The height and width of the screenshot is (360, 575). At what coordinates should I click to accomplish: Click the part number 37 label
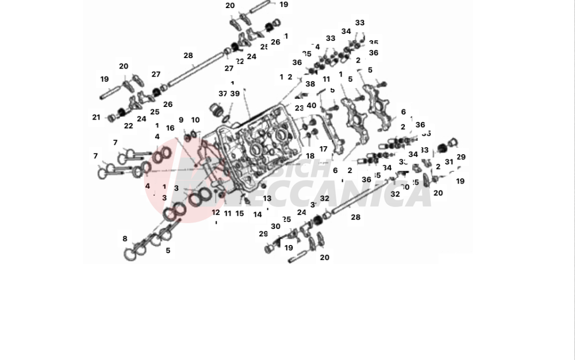pos(223,94)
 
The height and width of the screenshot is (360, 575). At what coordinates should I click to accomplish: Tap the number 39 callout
pos(235,94)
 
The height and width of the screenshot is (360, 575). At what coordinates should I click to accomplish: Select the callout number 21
pos(96,117)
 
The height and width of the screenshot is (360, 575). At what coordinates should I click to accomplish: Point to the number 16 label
pos(170,128)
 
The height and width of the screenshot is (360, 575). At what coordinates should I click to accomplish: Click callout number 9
pos(181,120)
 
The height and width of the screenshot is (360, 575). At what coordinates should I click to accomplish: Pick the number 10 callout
pos(195,120)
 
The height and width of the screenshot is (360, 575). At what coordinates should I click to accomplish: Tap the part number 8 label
pos(125,239)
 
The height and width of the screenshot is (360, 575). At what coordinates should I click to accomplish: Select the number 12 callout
pos(216,212)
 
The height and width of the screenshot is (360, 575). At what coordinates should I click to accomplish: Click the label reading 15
pos(240,213)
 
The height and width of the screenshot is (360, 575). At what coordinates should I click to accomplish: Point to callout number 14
pos(258,214)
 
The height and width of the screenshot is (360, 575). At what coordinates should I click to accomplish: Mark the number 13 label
pos(267,198)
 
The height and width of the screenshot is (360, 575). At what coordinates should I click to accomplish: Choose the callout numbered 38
pos(310,84)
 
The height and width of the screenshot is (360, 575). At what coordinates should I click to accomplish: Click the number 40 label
pos(311,105)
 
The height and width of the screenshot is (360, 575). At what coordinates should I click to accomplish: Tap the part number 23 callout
pos(299,108)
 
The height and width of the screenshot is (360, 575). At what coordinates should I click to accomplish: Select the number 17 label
pos(323,149)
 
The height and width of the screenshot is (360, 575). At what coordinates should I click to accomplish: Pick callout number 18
pos(310,156)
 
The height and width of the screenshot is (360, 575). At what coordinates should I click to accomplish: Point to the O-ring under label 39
pos(228,119)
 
